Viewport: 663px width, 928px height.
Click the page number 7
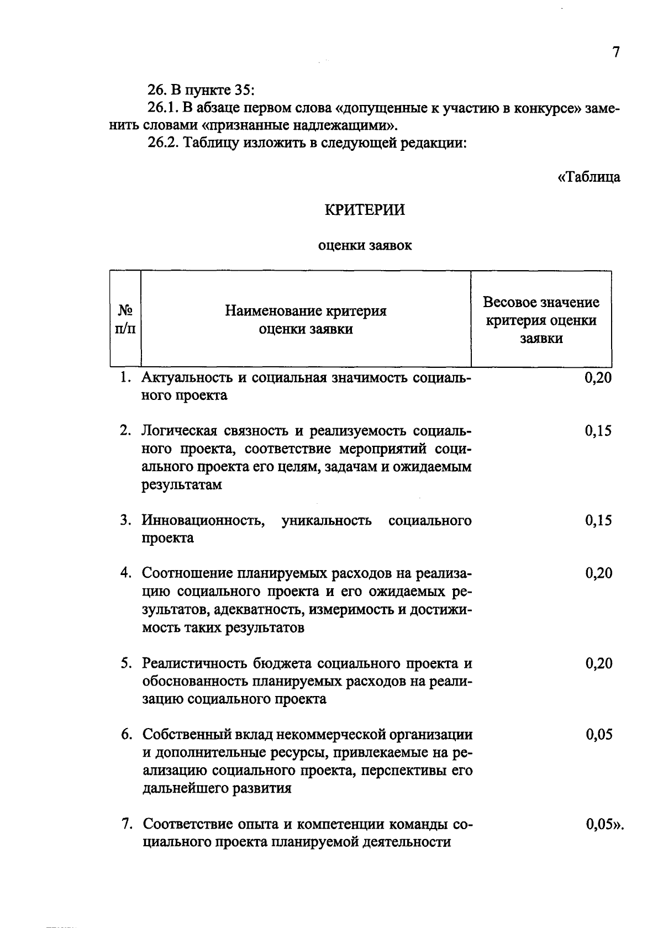616,52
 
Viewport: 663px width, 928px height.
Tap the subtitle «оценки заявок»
365,246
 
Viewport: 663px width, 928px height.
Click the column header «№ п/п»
125,320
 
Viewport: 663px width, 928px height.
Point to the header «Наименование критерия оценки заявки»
306,320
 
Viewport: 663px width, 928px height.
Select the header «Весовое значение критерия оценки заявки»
541,320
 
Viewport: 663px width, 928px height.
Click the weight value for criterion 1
598,378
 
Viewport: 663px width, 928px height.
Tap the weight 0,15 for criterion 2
598,431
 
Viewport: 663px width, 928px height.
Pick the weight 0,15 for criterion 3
598,521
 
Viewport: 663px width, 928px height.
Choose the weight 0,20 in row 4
598,573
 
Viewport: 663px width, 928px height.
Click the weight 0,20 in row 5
598,663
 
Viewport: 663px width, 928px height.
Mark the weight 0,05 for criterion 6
598,735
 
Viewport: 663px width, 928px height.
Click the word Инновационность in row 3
202,521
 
